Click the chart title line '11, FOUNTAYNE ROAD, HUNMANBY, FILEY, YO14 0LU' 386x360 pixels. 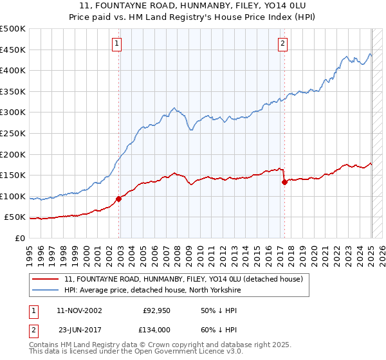coord(193,6)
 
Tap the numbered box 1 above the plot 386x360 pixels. coord(117,44)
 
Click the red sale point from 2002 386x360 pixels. coord(119,199)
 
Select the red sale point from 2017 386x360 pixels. coord(284,182)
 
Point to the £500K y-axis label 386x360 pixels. coord(13,29)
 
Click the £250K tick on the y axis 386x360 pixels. coord(13,133)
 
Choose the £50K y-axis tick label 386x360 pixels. coord(15,217)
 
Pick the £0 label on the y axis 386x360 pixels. coord(21,238)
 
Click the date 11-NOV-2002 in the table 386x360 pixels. coord(79,310)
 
